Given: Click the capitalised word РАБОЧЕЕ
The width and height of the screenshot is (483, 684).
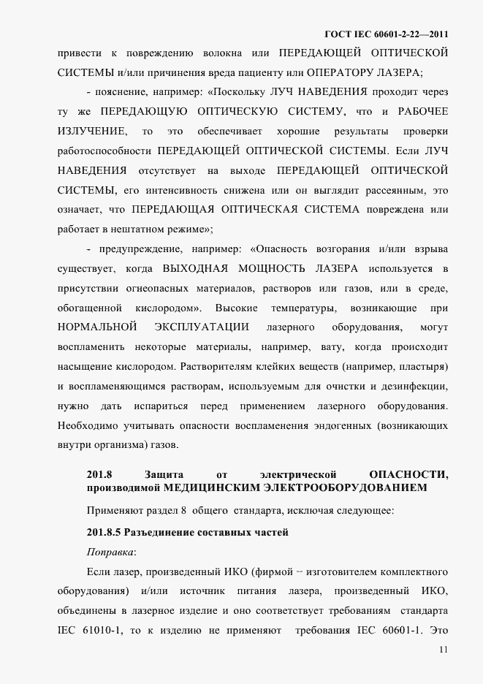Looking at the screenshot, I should pos(423,112).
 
